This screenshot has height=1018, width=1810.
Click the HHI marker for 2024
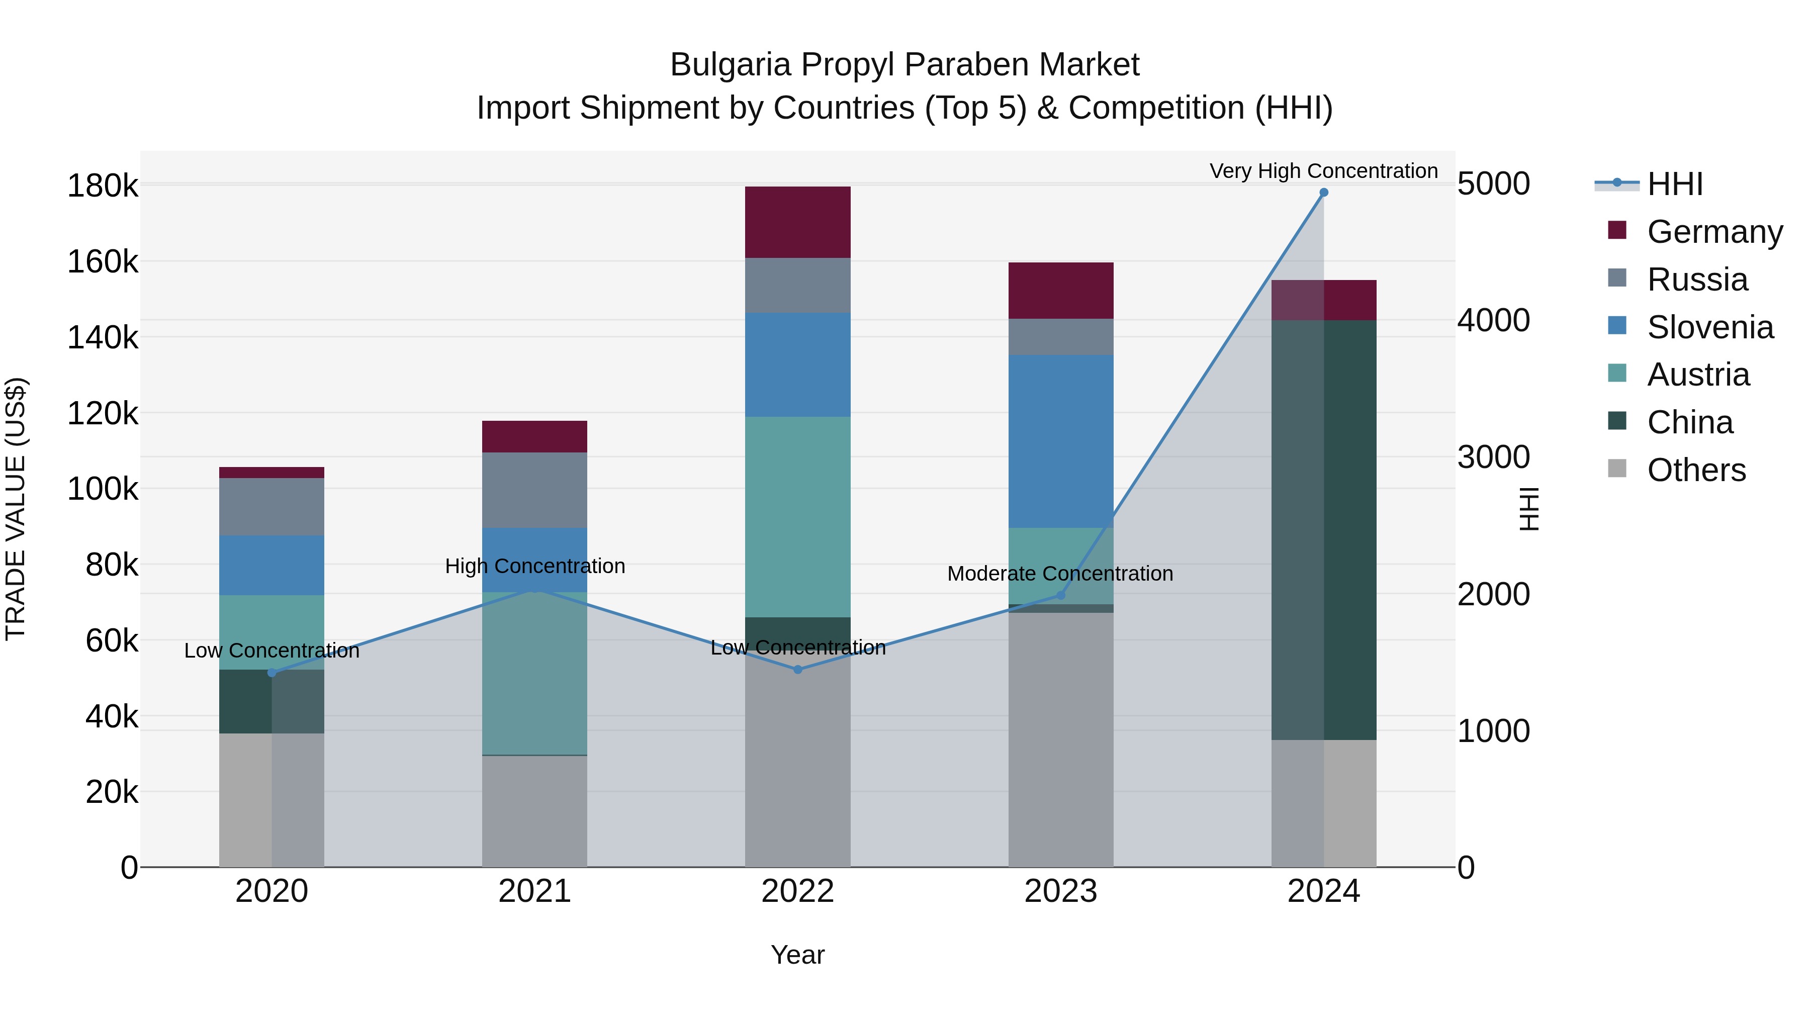tap(1324, 193)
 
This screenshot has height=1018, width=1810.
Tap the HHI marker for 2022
tap(797, 670)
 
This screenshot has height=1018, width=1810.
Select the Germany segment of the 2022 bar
tap(797, 222)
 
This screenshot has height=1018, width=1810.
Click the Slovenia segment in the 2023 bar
tap(1060, 441)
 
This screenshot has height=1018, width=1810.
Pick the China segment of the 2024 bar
tap(1324, 530)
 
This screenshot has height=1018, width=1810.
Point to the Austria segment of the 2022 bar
tap(797, 516)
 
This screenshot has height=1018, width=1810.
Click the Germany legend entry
tap(1714, 232)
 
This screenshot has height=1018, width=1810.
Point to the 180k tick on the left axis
tap(103, 186)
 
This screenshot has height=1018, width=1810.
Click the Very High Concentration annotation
tap(1323, 171)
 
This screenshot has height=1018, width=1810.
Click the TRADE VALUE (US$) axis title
tap(16, 509)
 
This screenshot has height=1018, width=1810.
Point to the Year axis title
tap(797, 955)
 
